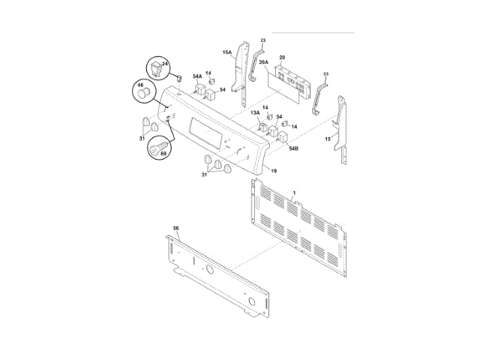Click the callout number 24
point(165,64)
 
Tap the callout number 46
point(140,85)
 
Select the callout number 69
point(163,153)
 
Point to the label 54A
point(197,76)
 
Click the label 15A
point(226,52)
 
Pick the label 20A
point(263,61)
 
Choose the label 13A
point(255,112)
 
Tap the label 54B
point(293,148)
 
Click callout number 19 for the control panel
point(274,171)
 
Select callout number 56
point(176,228)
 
